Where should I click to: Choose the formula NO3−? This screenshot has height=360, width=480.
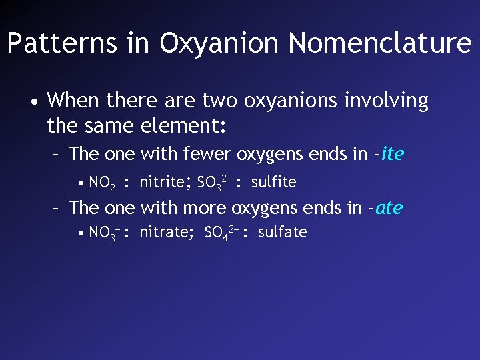[103, 233]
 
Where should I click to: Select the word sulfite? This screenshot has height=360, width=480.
[273, 182]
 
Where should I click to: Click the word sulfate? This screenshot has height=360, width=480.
[282, 233]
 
